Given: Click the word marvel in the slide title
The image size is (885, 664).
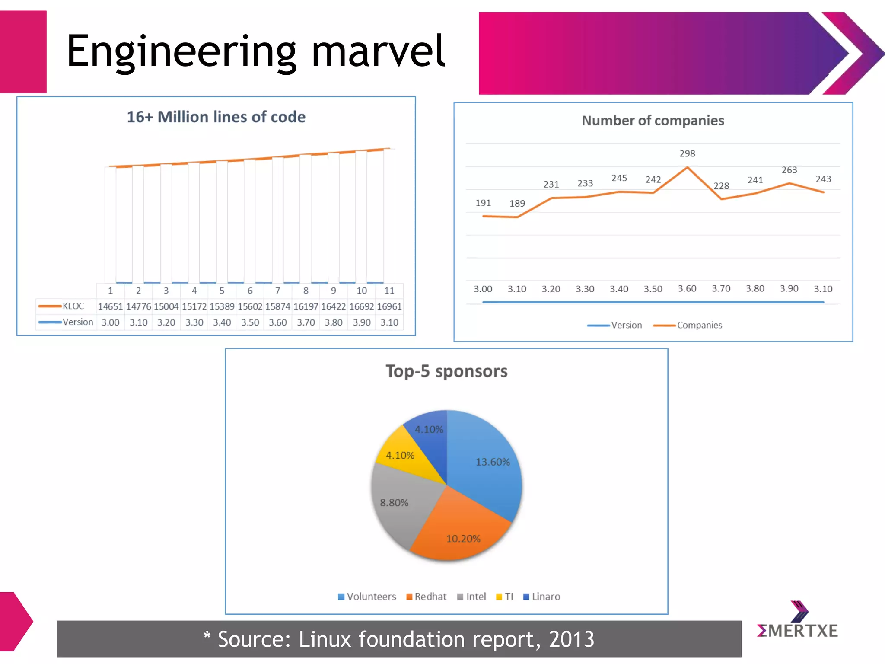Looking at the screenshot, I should [378, 52].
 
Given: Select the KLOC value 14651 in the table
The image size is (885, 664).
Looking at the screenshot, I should [110, 306].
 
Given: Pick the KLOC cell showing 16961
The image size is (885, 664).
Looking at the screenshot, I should [389, 306].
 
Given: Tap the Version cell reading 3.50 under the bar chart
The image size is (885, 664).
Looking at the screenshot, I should [250, 322].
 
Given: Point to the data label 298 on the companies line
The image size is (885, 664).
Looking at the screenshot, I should [687, 153].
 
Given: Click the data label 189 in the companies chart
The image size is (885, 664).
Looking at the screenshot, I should [517, 204].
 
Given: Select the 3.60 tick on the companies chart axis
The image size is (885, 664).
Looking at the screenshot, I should [687, 289].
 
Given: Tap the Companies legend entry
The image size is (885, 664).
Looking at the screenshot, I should [699, 325].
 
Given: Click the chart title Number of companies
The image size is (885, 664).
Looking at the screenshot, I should [653, 121].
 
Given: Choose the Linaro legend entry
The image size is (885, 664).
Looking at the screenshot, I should [545, 597].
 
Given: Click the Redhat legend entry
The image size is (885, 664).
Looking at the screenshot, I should [430, 597].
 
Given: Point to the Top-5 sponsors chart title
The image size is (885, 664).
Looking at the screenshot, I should [446, 371].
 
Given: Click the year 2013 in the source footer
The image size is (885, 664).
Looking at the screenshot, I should [571, 639].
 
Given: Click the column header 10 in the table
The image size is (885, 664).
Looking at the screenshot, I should [361, 291].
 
